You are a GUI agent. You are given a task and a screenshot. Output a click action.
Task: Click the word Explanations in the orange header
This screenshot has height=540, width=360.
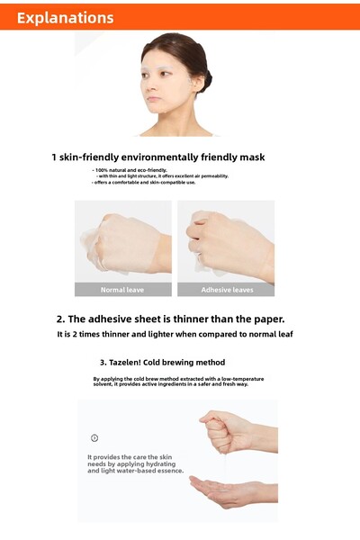coord(65,18)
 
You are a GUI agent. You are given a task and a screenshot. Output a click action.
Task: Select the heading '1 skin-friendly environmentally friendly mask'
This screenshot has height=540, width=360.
coord(157,157)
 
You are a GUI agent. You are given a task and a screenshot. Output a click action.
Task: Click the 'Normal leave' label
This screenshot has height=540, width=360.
coord(122,290)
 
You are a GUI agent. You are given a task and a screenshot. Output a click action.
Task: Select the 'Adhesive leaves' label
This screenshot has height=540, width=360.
coord(227,290)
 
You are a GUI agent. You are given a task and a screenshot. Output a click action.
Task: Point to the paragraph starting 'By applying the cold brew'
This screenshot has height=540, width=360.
coord(178,382)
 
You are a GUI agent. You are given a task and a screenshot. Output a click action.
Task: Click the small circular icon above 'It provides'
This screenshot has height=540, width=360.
coord(94,437)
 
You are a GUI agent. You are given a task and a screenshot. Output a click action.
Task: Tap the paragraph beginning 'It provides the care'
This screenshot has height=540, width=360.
coord(135,463)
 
